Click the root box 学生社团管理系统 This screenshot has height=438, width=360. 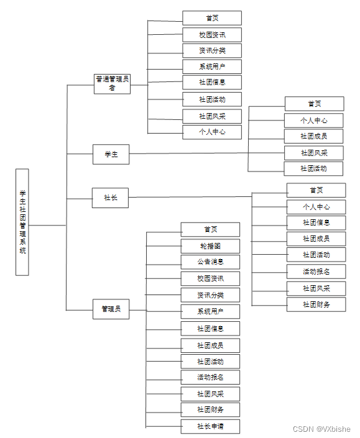(x=22, y=222)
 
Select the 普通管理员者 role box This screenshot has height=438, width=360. (x=113, y=83)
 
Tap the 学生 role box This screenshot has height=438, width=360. (x=111, y=154)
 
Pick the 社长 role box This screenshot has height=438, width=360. (x=110, y=198)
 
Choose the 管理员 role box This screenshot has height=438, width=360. (x=111, y=309)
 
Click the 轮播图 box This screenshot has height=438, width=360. (x=210, y=246)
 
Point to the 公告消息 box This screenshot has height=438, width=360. (x=210, y=262)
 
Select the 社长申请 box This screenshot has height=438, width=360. (x=210, y=427)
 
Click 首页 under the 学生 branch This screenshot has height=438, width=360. (x=314, y=104)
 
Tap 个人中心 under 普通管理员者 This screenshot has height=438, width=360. (x=212, y=132)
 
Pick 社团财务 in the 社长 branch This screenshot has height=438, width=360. (x=316, y=304)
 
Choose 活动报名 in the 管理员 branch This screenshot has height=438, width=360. (x=210, y=377)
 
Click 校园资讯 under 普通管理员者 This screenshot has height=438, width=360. (x=212, y=35)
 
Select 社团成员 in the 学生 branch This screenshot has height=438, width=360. (x=313, y=136)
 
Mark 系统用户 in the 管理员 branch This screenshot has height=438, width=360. (x=210, y=311)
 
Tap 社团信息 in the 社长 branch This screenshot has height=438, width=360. (x=316, y=222)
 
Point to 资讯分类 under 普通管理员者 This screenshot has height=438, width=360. (x=212, y=50)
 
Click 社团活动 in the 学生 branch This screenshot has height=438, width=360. (x=313, y=168)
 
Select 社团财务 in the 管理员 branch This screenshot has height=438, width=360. (x=210, y=410)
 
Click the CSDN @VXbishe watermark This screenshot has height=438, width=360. (x=321, y=429)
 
